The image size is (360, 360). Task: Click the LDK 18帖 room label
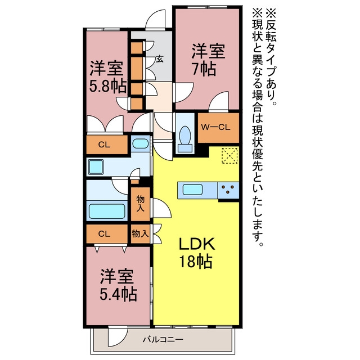196,253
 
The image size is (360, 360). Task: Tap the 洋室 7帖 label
208,60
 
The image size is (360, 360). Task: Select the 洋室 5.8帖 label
107,77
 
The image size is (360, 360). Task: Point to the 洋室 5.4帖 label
118,285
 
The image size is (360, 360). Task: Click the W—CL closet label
215,127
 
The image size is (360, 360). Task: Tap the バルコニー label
163,339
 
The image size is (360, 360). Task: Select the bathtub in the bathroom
107,211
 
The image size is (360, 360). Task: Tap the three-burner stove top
228,190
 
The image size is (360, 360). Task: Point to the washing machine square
96,167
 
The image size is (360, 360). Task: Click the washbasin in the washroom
140,144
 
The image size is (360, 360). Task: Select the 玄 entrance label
160,59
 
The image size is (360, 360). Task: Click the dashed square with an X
229,156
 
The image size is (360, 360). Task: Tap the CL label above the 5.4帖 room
104,234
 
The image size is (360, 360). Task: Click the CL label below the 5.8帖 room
104,145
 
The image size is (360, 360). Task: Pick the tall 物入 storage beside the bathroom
140,204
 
